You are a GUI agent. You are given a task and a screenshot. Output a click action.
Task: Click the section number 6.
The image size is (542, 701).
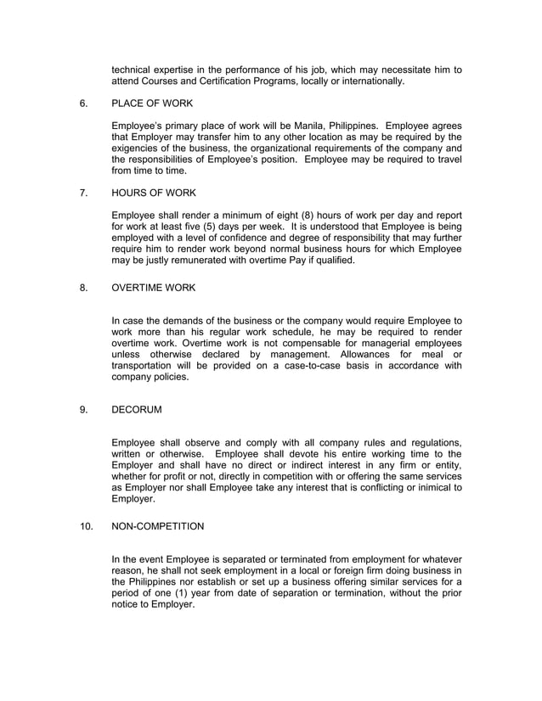pyautogui.click(x=83, y=104)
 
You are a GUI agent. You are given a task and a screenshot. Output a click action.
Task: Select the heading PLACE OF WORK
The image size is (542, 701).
pyautogui.click(x=152, y=104)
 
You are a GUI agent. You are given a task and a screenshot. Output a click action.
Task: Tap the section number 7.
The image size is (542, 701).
pyautogui.click(x=83, y=193)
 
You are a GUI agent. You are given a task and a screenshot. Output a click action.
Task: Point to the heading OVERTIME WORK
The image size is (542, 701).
pyautogui.click(x=154, y=288)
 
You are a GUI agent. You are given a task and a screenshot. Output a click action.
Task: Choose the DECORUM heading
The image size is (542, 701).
pyautogui.click(x=136, y=410)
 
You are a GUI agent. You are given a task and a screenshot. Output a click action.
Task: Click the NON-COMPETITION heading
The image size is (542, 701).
pyautogui.click(x=158, y=526)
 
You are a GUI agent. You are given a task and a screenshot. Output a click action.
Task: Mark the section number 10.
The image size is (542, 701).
pyautogui.click(x=86, y=526)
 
